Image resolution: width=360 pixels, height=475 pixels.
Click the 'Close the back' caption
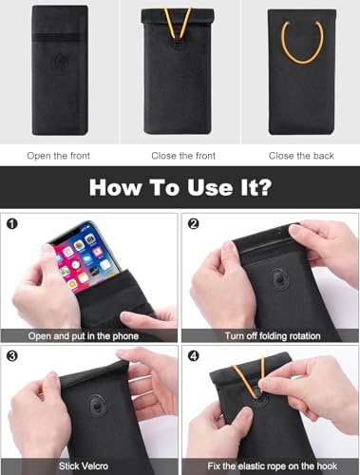point(299,154)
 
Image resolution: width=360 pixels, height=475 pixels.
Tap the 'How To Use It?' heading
point(180,185)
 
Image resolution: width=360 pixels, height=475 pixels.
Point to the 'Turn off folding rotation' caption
point(270,335)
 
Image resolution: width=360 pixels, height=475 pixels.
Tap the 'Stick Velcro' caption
point(89,467)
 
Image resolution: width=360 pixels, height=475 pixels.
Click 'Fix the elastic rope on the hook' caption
point(270,467)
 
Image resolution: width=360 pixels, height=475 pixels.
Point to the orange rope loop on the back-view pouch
point(302,43)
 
